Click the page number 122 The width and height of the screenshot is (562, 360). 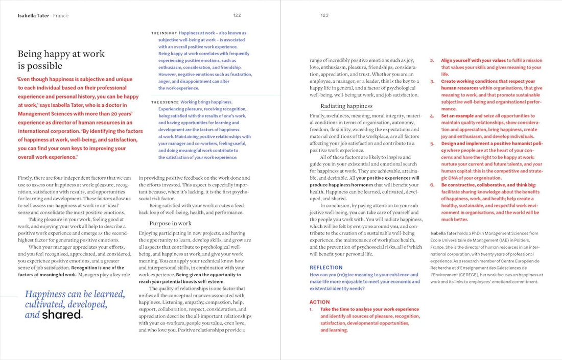(237, 15)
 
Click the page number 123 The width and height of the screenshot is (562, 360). (324, 15)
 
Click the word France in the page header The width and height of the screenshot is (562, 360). (60, 16)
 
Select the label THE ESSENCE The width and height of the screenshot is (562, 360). (165, 102)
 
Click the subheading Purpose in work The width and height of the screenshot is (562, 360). (170, 223)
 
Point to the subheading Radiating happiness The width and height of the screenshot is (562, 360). (346, 106)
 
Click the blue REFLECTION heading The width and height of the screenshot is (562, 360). (326, 268)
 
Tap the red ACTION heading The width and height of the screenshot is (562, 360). (320, 302)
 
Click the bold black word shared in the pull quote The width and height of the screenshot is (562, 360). (61, 315)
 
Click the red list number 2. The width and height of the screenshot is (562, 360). (432, 60)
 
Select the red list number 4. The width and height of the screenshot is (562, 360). (432, 116)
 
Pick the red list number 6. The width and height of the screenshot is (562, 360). (432, 185)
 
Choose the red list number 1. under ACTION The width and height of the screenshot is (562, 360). (311, 309)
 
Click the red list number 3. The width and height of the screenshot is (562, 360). (432, 81)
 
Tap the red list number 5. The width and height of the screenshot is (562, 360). (432, 143)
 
